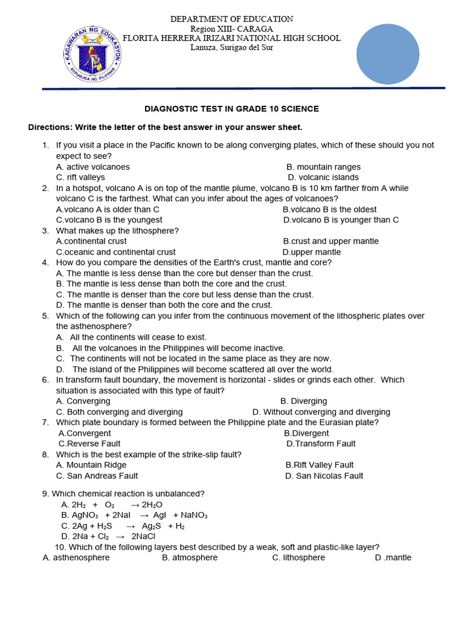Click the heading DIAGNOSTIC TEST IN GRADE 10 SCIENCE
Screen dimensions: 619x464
231,109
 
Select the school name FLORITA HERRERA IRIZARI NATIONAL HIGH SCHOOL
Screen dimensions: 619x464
231,38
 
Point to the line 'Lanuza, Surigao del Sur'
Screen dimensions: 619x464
231,48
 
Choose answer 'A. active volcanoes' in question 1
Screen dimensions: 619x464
92,167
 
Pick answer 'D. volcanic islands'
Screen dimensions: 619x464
323,177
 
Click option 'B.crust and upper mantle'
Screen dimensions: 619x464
330,241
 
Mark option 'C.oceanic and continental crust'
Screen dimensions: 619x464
116,252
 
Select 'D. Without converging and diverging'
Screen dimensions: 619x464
321,412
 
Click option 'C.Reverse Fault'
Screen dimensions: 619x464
89,444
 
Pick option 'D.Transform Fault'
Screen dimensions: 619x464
321,444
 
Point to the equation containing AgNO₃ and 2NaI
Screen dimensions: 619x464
134,515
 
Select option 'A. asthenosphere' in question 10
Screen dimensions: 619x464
76,557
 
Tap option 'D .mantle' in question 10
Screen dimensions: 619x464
393,557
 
